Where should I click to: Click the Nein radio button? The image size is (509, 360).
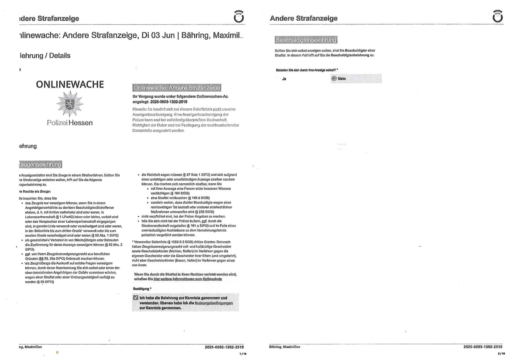click(334, 79)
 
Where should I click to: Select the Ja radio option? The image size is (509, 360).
click(278, 79)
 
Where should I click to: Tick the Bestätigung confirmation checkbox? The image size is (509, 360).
click(136, 298)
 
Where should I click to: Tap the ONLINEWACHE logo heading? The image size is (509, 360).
click(70, 84)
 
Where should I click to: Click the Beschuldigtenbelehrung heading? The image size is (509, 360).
click(306, 40)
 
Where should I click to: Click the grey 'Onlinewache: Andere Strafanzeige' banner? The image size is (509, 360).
click(177, 88)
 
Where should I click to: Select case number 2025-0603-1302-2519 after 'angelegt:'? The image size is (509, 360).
click(169, 102)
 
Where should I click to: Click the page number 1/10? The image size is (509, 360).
click(243, 354)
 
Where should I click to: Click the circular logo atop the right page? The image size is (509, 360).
click(498, 16)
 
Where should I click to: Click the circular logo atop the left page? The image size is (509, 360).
click(239, 16)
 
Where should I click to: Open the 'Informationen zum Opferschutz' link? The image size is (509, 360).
click(188, 279)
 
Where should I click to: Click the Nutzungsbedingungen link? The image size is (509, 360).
click(214, 303)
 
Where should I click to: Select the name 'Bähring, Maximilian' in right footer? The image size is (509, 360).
click(285, 347)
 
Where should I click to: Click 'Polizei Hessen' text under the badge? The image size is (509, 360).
click(70, 123)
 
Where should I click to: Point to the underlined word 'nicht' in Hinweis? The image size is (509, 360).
click(217, 109)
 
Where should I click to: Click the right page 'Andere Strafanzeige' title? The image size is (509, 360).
click(303, 18)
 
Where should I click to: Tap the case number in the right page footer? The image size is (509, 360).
click(483, 347)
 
